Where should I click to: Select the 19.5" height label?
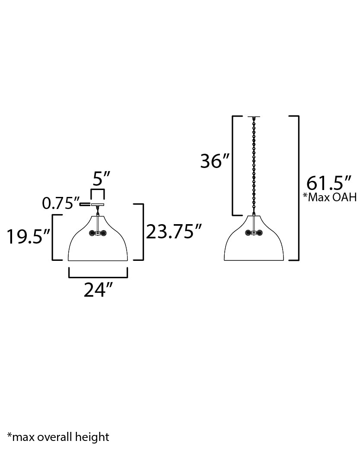[x=29, y=237]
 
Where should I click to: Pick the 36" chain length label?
[x=215, y=161]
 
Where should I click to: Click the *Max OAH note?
[x=330, y=197]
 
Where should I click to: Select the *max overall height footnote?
[x=58, y=437]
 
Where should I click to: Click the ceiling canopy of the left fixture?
[x=98, y=205]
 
